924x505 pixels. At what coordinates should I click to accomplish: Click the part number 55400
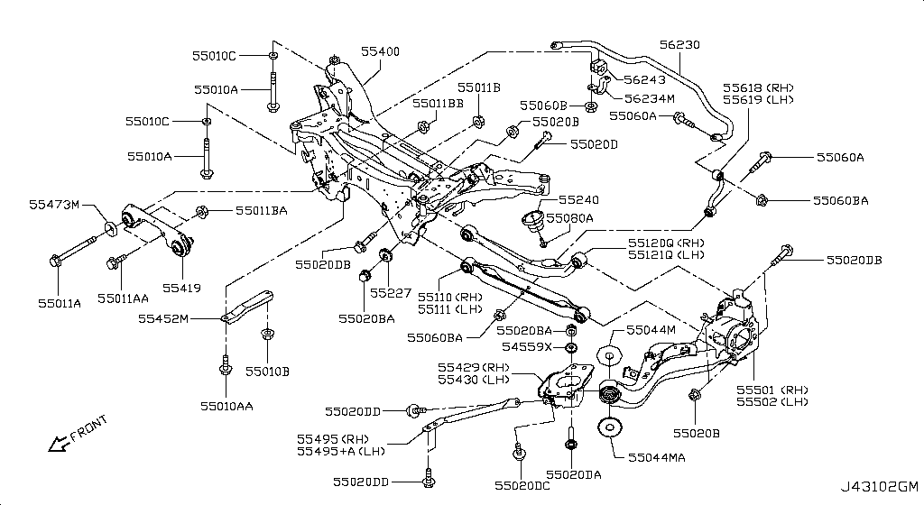pos(380,52)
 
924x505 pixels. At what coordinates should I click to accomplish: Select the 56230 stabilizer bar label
pos(679,44)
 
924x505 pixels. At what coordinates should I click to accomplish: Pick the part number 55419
pos(181,288)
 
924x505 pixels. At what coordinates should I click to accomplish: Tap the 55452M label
pos(163,318)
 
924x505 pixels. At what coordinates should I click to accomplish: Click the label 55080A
pos(569,217)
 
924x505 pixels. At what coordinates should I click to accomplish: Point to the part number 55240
pos(578,199)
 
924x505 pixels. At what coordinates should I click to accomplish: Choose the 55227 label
pos(390,292)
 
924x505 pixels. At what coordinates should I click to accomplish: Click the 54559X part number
pos(527,346)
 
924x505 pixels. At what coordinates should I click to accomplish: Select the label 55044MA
pos(656,457)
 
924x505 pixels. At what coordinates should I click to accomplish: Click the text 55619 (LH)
pos(757,99)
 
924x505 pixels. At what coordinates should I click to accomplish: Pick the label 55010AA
pos(226,406)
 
